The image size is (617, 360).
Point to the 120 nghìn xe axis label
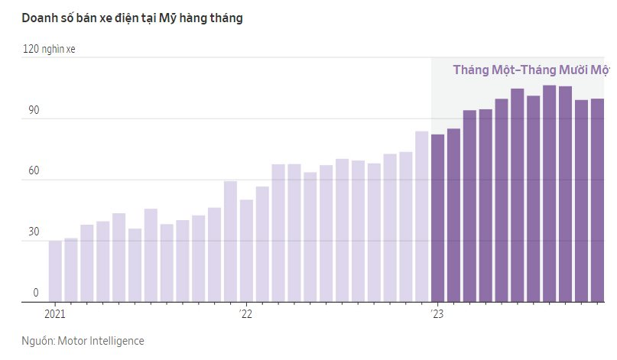coord(49,49)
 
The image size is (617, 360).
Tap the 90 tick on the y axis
coord(33,109)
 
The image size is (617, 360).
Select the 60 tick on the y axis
coord(33,170)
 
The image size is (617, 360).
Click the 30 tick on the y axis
coord(33,232)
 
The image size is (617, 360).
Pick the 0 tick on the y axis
coord(35,293)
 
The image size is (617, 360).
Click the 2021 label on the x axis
coord(55,313)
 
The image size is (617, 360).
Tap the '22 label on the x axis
coord(245,313)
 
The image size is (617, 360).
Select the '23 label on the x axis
coord(437,313)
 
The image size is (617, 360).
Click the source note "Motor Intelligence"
coord(101,341)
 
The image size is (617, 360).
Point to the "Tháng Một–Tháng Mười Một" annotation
coord(531,70)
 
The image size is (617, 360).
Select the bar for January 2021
coord(55,271)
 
